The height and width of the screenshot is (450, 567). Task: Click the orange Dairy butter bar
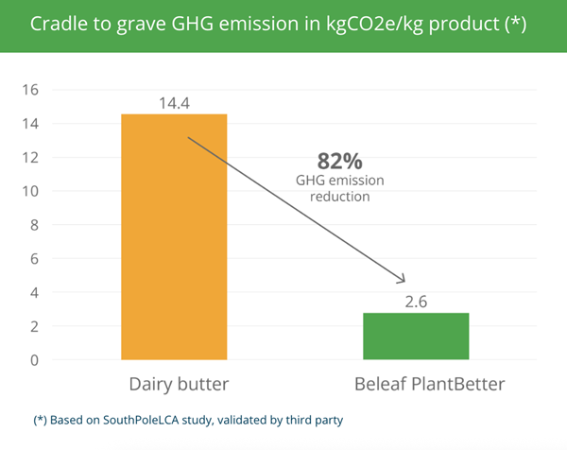tap(174, 237)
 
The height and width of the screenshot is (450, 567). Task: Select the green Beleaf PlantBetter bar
tap(416, 336)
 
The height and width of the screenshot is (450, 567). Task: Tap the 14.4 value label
tap(174, 103)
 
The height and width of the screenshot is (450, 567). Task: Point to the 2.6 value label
tap(416, 302)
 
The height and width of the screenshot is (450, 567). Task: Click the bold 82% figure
tap(339, 162)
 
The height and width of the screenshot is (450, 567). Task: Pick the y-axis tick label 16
tap(30, 90)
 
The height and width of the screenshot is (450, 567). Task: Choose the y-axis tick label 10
tap(30, 191)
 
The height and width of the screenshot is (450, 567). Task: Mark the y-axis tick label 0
tap(34, 360)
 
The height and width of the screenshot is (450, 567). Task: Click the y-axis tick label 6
tap(34, 259)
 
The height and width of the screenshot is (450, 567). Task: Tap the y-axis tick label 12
tap(30, 157)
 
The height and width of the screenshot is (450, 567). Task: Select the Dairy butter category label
tap(179, 384)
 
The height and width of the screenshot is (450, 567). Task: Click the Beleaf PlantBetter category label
tap(430, 384)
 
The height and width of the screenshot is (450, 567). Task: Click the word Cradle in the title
tap(60, 24)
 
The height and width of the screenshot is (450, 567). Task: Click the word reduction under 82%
tap(340, 197)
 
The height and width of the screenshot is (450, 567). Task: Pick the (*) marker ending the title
tap(515, 25)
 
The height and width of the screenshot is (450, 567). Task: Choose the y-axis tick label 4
tap(34, 293)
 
